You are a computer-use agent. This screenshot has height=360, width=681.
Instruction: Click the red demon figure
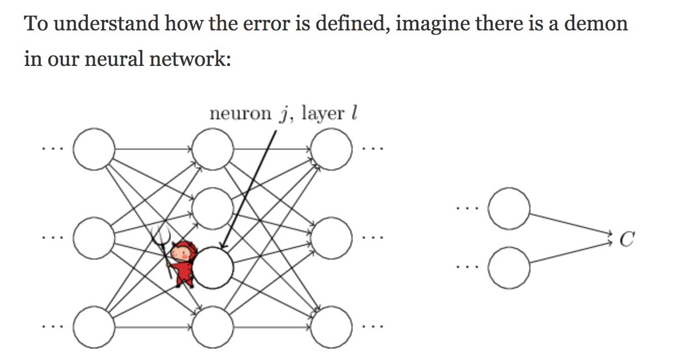point(184,262)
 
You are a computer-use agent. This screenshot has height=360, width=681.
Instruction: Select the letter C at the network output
point(626,241)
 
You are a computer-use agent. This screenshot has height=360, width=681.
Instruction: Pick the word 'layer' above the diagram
point(323,114)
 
